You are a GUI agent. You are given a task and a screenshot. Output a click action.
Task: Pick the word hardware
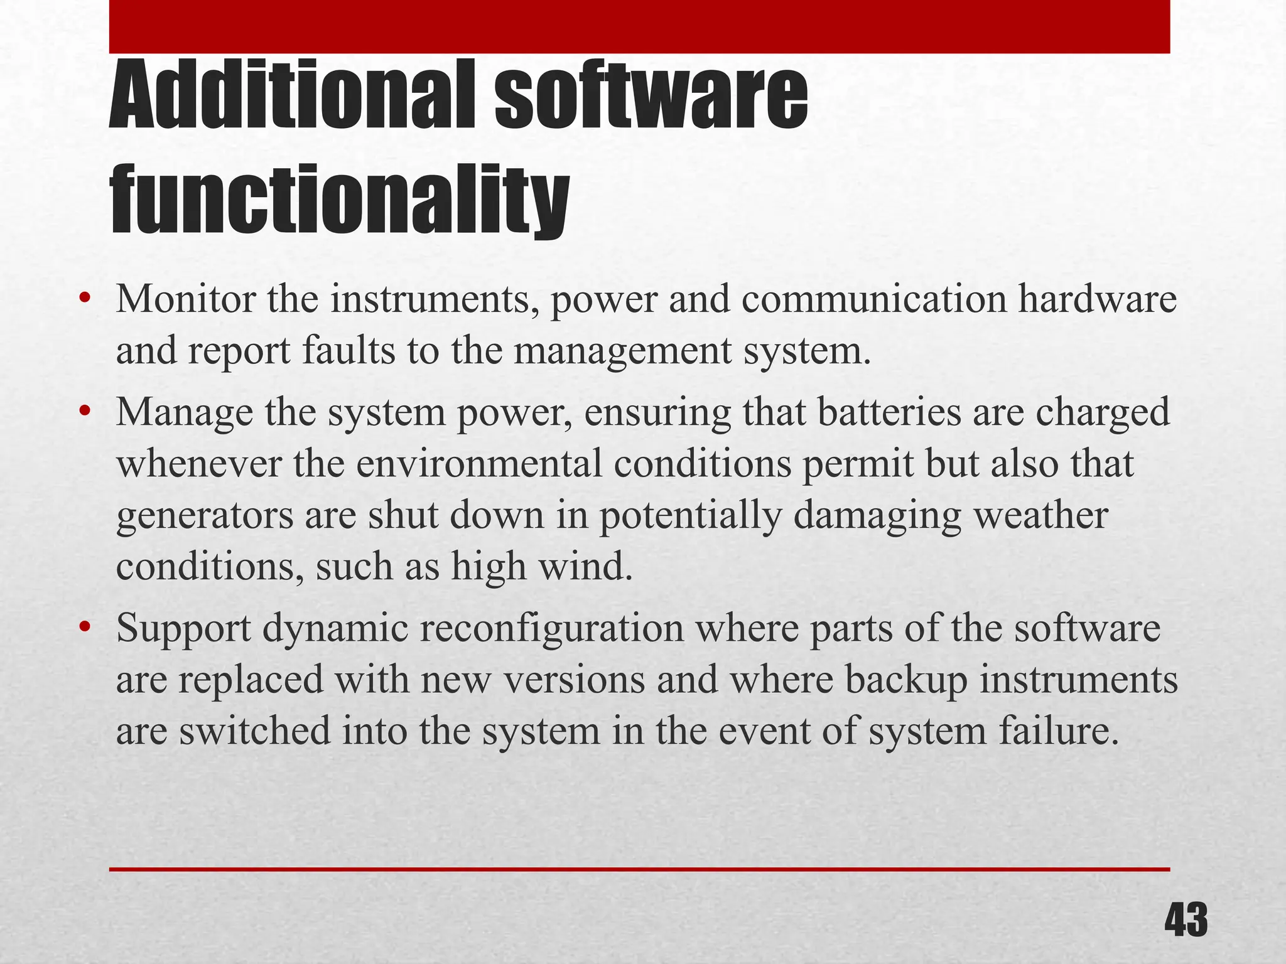click(1097, 299)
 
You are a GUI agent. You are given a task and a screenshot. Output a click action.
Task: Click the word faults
click(349, 350)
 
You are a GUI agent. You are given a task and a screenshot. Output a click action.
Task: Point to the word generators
click(205, 517)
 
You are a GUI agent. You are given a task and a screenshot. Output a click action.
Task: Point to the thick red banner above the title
click(639, 26)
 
